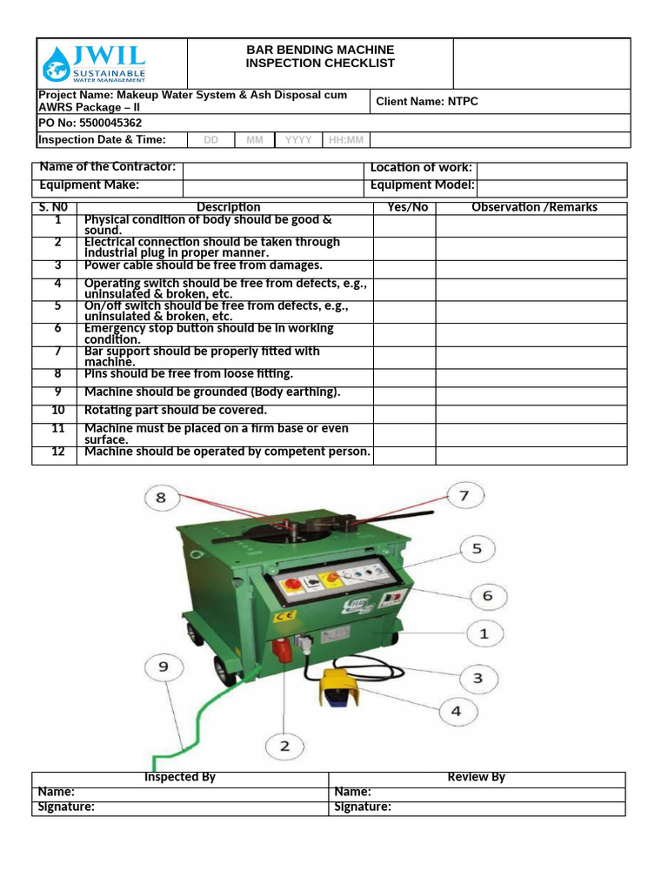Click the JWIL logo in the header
pos(95,64)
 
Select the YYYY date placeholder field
pos(298,140)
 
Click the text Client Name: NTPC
pos(427,102)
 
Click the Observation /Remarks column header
pos(534,207)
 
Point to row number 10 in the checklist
pos(58,410)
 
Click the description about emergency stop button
pos(209,334)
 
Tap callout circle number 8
pos(160,499)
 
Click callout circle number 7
pos(464,496)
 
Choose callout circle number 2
pos(284,746)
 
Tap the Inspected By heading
pos(180,777)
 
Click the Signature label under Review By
pos(363,807)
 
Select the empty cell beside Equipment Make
pos(272,185)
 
